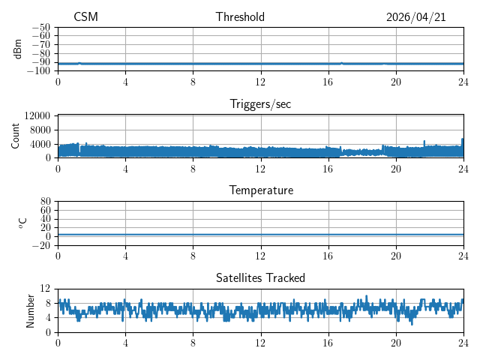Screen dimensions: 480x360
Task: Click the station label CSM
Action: (85, 16)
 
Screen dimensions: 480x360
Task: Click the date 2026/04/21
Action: (415, 17)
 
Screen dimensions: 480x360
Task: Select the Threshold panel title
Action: (240, 16)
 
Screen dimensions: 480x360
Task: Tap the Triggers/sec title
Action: (260, 104)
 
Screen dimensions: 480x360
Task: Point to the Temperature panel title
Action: (261, 190)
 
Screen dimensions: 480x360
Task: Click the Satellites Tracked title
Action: (260, 277)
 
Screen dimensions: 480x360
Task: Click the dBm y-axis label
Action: (17, 49)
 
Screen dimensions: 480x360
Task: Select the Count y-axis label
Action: (15, 136)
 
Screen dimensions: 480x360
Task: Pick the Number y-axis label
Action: (30, 311)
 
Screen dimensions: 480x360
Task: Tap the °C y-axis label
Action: (23, 223)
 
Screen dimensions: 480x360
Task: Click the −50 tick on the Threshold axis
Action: (41, 27)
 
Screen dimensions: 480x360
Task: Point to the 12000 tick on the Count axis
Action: (37, 115)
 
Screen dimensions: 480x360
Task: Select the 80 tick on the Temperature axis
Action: (45, 201)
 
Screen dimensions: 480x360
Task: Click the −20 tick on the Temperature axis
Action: (41, 245)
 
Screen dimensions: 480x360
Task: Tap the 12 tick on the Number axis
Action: (45, 288)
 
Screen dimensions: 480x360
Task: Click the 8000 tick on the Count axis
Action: (40, 130)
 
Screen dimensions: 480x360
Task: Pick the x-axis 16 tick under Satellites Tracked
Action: (328, 343)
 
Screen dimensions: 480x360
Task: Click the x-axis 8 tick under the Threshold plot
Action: (193, 82)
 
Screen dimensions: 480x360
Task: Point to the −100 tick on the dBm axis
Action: (39, 70)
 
